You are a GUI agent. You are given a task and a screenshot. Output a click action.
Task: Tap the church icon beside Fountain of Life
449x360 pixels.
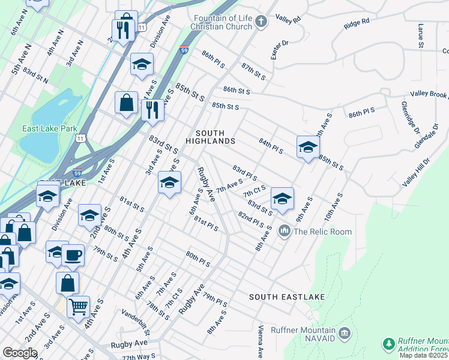(x=261, y=22)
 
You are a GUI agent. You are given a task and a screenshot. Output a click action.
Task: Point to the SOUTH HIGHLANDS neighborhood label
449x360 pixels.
(x=210, y=137)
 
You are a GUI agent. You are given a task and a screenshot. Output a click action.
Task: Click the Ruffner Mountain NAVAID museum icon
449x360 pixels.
(x=345, y=333)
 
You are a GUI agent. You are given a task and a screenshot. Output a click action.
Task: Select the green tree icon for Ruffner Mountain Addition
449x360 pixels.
(x=389, y=344)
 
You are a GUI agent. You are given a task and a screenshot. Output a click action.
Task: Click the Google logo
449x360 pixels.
(x=20, y=353)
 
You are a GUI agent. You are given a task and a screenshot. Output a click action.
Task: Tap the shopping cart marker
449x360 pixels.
(x=78, y=307)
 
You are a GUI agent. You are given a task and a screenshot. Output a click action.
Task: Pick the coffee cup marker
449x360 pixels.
(x=73, y=255)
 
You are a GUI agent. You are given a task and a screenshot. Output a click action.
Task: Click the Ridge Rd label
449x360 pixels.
(x=357, y=24)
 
